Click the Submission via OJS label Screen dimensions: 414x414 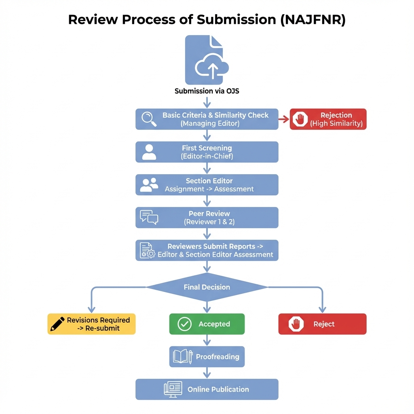pos(207,91)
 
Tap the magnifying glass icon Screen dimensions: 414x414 pos(149,119)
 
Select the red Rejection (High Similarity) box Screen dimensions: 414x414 pos(328,119)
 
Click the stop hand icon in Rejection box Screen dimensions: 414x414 pos(300,119)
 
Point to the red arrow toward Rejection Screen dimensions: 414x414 pos(284,119)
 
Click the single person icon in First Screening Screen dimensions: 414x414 pos(149,152)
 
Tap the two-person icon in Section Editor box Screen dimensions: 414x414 pos(149,185)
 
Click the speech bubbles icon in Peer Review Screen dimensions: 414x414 pos(149,218)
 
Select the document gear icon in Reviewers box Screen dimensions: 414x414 pos(148,250)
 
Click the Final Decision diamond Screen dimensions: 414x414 pos(207,287)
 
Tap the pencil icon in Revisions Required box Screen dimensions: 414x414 pos(57,324)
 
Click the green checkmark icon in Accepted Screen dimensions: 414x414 pos(184,324)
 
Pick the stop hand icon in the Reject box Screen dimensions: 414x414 pos(296,324)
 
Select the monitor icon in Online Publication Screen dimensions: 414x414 pos(173,389)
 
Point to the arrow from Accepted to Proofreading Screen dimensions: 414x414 pos(207,340)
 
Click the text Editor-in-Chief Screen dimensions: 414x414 pos(207,156)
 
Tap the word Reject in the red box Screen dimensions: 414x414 pos(324,324)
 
